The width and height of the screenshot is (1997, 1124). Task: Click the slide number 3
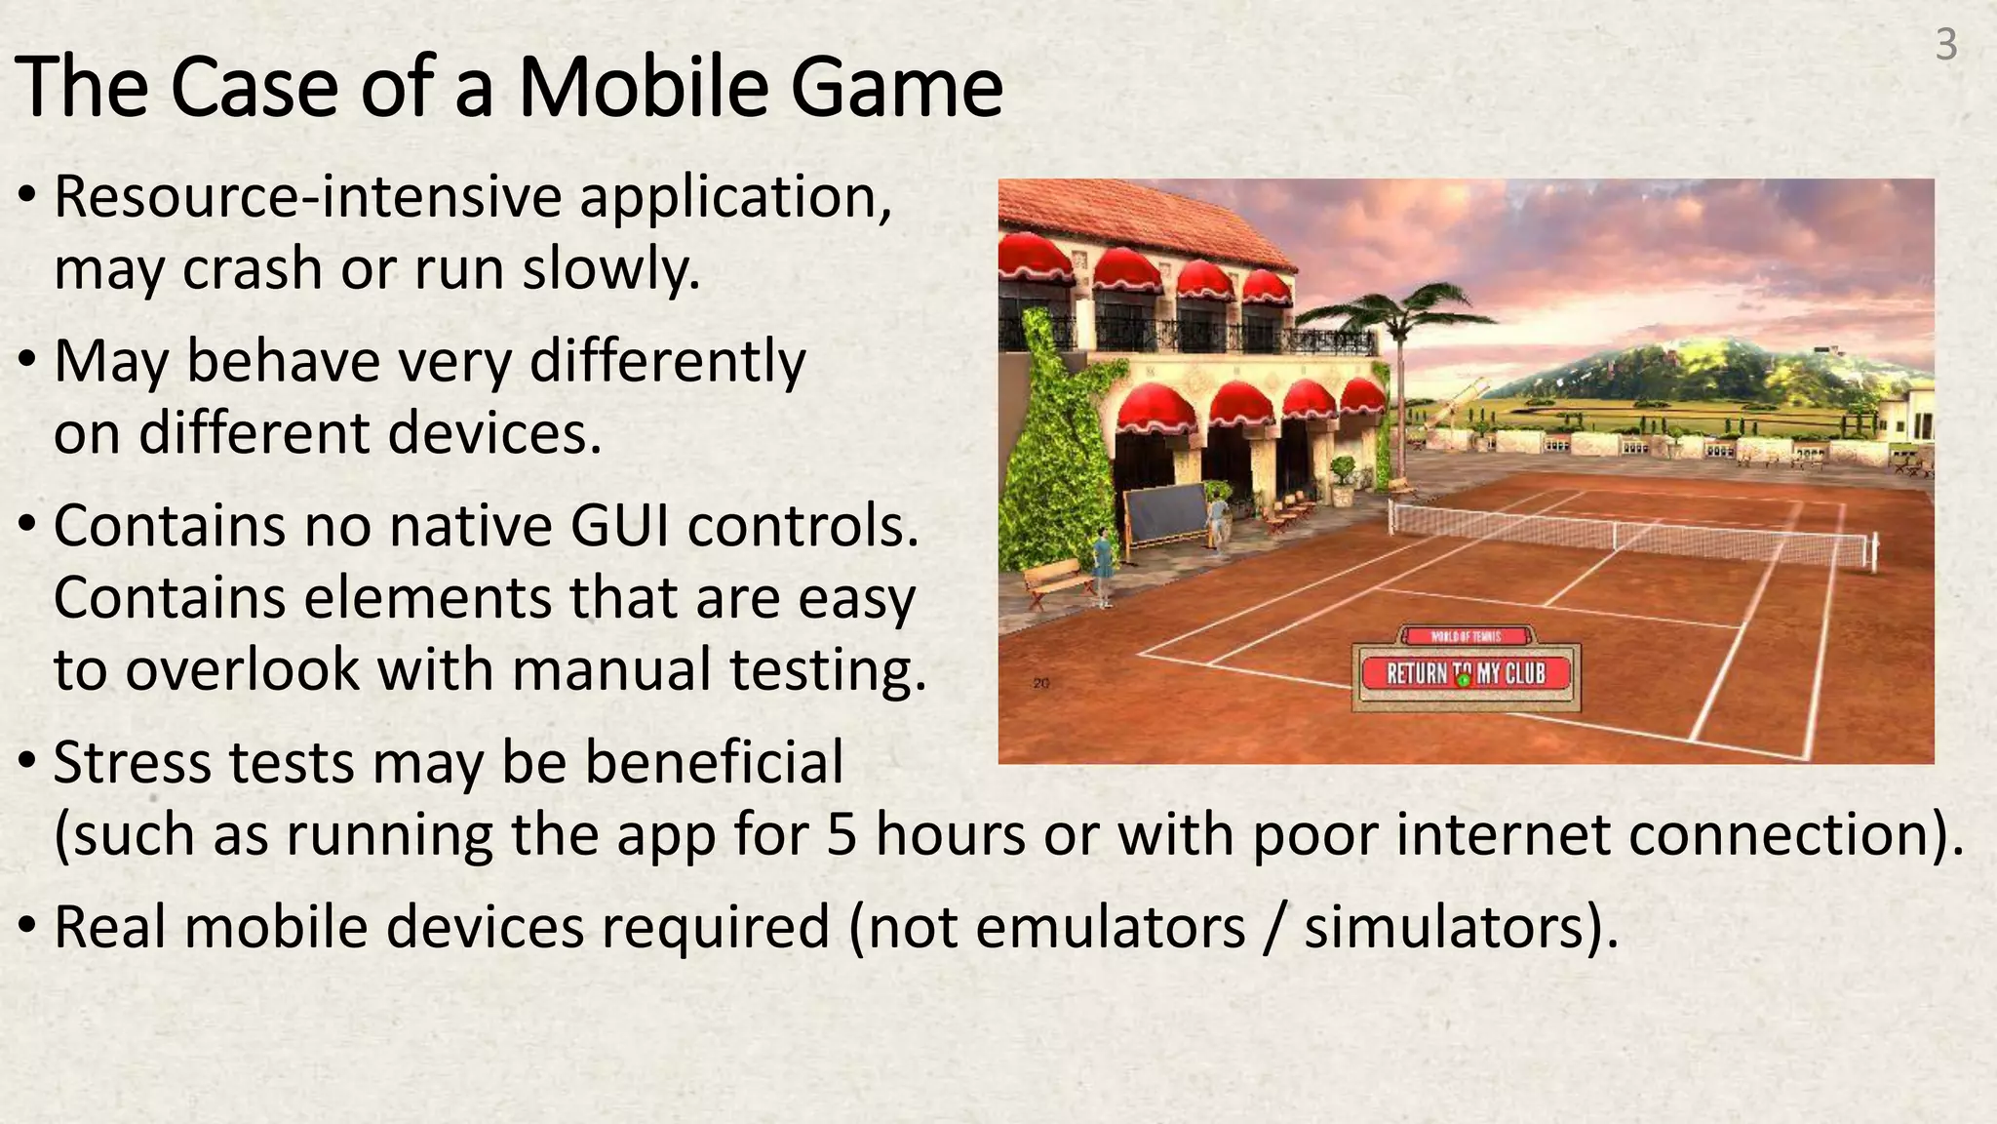[1945, 45]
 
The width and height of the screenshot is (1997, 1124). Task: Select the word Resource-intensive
[307, 197]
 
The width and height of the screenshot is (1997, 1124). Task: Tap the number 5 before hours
[842, 836]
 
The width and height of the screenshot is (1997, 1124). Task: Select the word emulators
[1110, 927]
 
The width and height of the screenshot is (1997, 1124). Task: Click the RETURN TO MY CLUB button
[1466, 673]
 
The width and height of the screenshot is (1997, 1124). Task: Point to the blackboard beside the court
[1166, 514]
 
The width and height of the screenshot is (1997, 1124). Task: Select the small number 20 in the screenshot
[1041, 683]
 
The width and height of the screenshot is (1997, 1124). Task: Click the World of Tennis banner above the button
[1466, 636]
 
